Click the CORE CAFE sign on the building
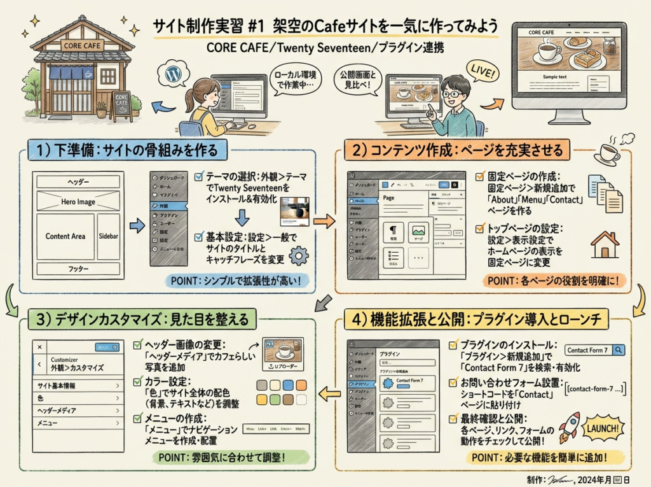(x=81, y=45)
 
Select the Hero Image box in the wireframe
(x=78, y=201)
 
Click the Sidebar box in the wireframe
(x=108, y=236)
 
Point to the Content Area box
(x=65, y=236)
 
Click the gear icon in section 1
(x=298, y=256)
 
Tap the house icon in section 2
(x=605, y=244)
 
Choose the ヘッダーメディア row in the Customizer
(x=78, y=411)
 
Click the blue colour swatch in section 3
(x=289, y=385)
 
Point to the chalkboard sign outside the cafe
(x=120, y=106)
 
